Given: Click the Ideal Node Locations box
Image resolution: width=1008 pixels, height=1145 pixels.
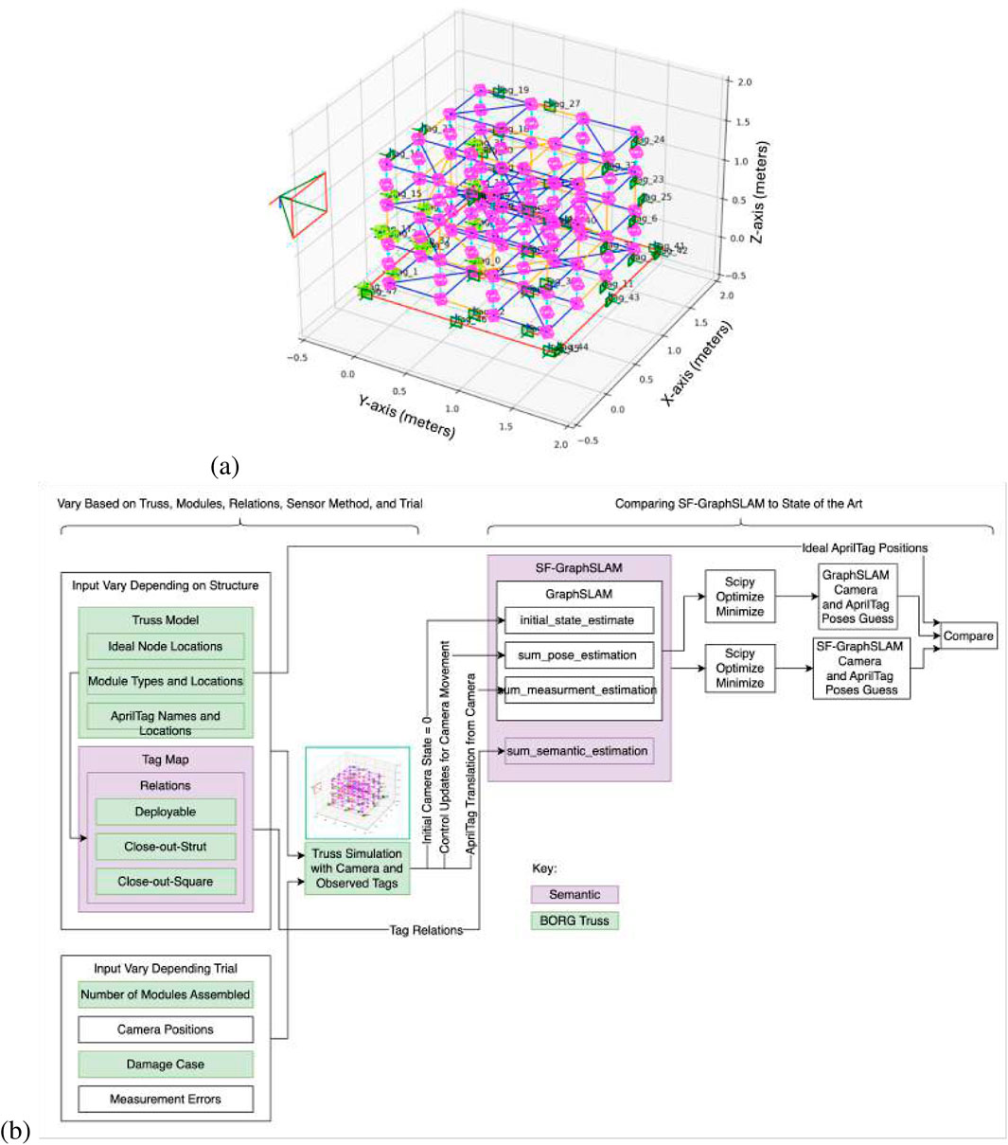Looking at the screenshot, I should (x=165, y=647).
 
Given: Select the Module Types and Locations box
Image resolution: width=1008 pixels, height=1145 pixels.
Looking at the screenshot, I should (x=165, y=681).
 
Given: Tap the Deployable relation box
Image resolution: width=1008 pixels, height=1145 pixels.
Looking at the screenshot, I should (x=165, y=813).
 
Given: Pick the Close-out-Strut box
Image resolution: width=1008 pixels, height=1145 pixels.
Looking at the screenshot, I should (x=165, y=847).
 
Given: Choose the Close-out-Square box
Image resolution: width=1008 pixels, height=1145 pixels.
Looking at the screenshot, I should (x=165, y=882).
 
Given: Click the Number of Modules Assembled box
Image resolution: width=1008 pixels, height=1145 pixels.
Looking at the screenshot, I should (x=165, y=994).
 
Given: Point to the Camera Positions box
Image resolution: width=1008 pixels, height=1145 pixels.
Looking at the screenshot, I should (x=165, y=1029).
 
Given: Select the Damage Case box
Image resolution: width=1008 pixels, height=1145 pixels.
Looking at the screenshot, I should (x=165, y=1064).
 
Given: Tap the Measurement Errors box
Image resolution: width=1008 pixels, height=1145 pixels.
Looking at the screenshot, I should (x=165, y=1100).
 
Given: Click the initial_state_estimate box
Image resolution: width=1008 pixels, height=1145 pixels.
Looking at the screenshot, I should (x=576, y=620).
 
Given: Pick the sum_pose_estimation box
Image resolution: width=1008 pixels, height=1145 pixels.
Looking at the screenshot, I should (x=576, y=655).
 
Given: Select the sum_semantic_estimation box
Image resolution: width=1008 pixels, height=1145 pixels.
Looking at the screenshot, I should (x=577, y=751).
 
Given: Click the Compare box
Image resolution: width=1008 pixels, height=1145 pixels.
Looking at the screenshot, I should (x=968, y=636).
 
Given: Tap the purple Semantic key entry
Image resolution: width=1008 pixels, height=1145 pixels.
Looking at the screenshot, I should (x=575, y=894).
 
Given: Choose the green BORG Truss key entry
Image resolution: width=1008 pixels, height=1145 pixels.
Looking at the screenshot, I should (x=575, y=921).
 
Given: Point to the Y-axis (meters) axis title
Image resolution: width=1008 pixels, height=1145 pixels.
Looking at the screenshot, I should (x=406, y=416).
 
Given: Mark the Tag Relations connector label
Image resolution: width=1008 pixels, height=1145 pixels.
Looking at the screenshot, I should (x=426, y=930).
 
